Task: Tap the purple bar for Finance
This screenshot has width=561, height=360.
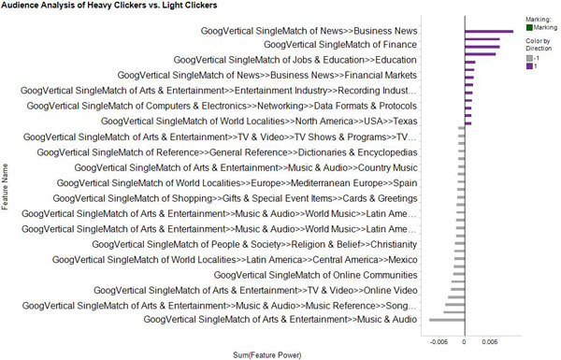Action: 482,44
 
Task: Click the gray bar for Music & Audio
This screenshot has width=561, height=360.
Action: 447,320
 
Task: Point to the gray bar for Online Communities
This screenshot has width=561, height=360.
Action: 457,275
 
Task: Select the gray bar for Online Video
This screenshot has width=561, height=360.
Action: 455,290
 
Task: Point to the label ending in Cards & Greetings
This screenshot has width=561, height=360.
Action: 235,198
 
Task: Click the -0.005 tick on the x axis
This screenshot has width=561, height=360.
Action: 437,342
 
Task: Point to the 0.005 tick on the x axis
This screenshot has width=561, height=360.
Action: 492,342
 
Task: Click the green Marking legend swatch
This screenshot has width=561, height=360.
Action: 530,28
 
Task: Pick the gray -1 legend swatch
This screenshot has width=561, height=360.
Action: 530,58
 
